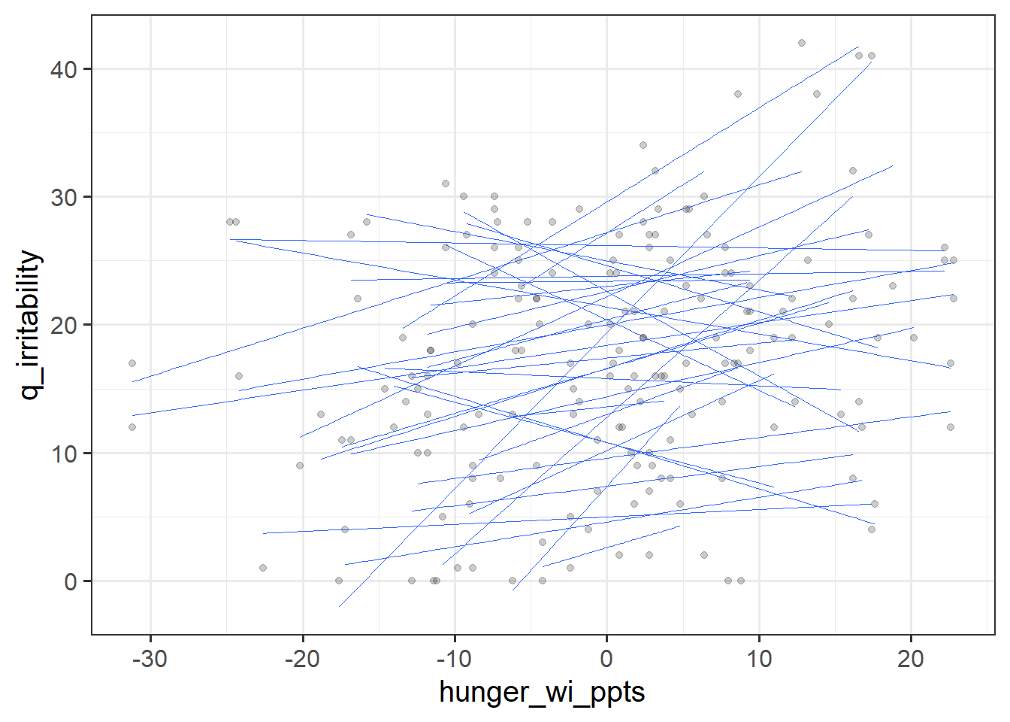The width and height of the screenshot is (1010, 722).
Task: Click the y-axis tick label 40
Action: click(x=64, y=70)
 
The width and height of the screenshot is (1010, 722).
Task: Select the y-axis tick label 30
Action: click(x=64, y=198)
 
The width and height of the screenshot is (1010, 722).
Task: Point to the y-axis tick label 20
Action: click(x=64, y=326)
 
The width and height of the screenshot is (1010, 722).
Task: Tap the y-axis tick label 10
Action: click(x=64, y=454)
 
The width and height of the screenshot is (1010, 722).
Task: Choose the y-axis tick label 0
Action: click(x=71, y=582)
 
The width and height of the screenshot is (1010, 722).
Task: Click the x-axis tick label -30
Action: click(x=150, y=659)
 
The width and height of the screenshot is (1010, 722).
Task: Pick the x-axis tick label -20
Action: click(x=302, y=659)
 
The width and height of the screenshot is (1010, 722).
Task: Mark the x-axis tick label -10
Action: click(x=454, y=659)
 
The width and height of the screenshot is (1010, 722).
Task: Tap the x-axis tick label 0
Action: click(x=606, y=659)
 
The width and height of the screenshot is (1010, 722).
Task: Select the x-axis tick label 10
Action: click(x=759, y=659)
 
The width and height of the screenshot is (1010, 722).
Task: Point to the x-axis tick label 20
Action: click(x=911, y=659)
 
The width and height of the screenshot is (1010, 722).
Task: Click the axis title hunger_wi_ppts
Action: click(x=542, y=692)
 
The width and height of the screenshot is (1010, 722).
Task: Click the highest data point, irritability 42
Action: click(x=802, y=43)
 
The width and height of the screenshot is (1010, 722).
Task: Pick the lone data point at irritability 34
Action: click(x=643, y=145)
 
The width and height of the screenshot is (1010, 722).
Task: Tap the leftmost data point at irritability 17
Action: click(x=132, y=363)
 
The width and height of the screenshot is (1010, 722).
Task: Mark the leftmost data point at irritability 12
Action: click(x=132, y=427)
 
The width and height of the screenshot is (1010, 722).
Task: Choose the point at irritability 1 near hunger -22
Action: click(x=263, y=568)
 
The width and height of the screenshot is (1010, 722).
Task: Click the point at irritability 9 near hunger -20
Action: click(x=300, y=466)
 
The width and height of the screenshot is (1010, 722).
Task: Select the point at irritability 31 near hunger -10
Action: click(x=446, y=184)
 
